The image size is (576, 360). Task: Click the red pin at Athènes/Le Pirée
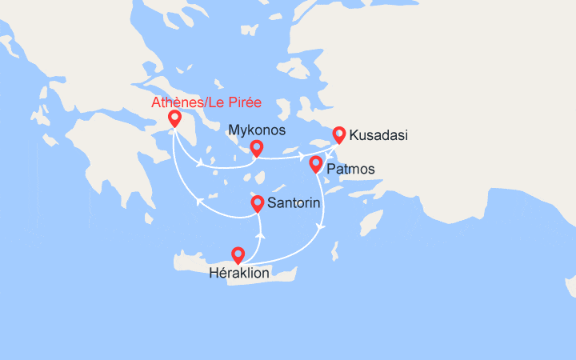pos(174,118)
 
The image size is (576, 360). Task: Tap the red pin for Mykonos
pos(256,147)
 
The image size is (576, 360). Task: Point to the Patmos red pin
pos(316,164)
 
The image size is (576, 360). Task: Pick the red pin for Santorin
pos(258,203)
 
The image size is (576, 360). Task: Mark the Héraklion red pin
pos(238,254)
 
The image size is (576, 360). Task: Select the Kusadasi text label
pos(379,135)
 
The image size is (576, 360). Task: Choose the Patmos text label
pos(350,170)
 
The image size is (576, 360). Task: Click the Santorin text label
pos(296,203)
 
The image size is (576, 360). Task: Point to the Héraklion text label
pos(238,274)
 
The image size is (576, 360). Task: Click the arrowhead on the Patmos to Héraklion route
pos(321,229)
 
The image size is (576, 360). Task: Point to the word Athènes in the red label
pos(173,102)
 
